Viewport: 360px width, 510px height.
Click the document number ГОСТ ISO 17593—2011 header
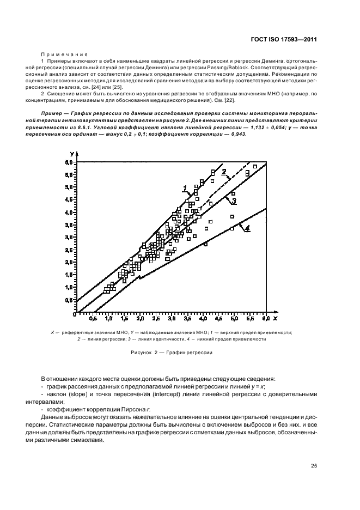pyautogui.click(x=285, y=39)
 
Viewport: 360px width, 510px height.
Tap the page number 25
pyautogui.click(x=314, y=466)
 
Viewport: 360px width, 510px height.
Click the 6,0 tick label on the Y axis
pyautogui.click(x=68, y=162)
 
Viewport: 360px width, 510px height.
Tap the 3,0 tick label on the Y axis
pyautogui.click(x=68, y=238)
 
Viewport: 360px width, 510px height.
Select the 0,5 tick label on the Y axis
pyautogui.click(x=68, y=300)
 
